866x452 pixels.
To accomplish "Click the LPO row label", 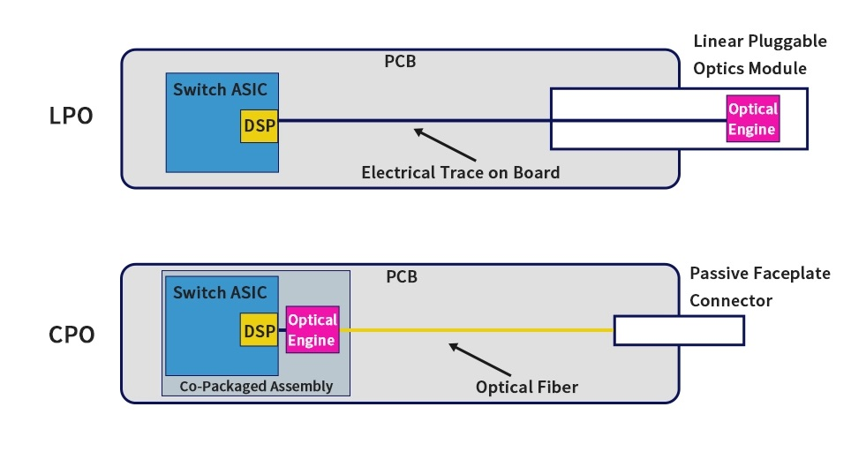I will point(71,117).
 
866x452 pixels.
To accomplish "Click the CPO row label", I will point(72,335).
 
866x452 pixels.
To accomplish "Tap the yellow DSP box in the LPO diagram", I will point(259,126).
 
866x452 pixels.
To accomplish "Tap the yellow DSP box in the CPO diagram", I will point(259,331).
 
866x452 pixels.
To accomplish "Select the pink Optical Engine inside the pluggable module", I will point(752,119).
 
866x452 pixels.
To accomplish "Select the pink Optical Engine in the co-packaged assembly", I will point(312,330).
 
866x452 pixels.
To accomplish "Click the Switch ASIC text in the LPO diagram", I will point(220,90).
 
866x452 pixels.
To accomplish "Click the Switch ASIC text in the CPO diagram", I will point(220,293).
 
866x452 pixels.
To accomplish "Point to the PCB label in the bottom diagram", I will point(401,277).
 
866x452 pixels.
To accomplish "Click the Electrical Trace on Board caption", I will point(460,172).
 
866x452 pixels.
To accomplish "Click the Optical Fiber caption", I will point(526,387).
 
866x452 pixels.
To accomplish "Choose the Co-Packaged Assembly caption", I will point(256,386).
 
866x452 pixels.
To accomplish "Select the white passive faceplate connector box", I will point(679,331).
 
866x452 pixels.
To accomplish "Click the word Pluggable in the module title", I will point(783,41).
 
